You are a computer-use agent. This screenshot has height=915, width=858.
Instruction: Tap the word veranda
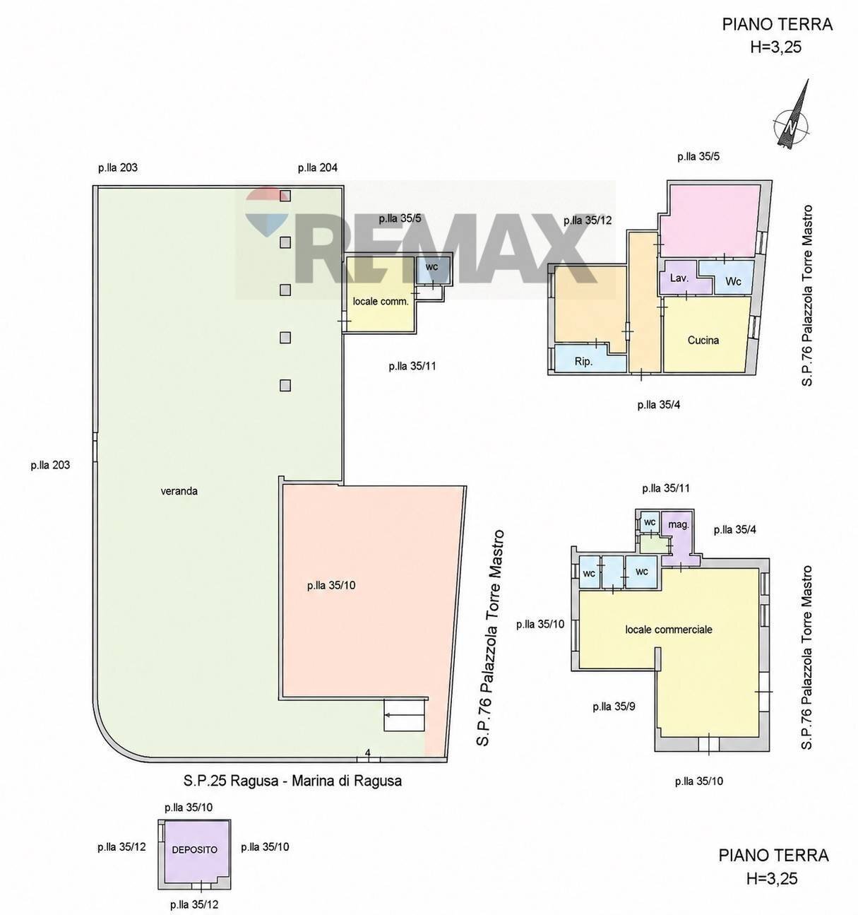[x=179, y=491]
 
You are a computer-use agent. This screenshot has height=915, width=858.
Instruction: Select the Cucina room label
[x=703, y=341]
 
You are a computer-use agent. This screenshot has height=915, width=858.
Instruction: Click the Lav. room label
[x=679, y=278]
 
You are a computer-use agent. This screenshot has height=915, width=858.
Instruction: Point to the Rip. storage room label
[x=583, y=362]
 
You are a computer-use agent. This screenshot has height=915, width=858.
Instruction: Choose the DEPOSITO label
[x=194, y=850]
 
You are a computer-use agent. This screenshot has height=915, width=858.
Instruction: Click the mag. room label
[x=679, y=524]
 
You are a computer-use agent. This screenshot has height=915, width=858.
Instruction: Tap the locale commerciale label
[x=669, y=630]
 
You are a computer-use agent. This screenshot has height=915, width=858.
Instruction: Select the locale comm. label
[x=381, y=301]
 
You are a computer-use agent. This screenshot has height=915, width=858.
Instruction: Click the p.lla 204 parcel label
[x=317, y=167]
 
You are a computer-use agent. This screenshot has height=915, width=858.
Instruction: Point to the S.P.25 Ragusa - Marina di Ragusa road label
[x=292, y=781]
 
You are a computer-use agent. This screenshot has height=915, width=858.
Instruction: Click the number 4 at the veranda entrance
[x=367, y=752]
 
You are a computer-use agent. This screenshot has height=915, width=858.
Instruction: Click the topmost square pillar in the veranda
[x=285, y=196]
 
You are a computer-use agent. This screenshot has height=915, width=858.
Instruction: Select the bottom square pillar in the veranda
[x=285, y=385]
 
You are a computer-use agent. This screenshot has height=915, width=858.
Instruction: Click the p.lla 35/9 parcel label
[x=614, y=707]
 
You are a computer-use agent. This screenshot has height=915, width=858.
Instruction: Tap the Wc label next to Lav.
[x=733, y=281]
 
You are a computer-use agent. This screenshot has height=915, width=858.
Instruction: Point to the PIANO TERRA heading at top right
[x=777, y=25]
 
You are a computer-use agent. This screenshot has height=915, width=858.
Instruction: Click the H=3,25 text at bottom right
[x=772, y=878]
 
